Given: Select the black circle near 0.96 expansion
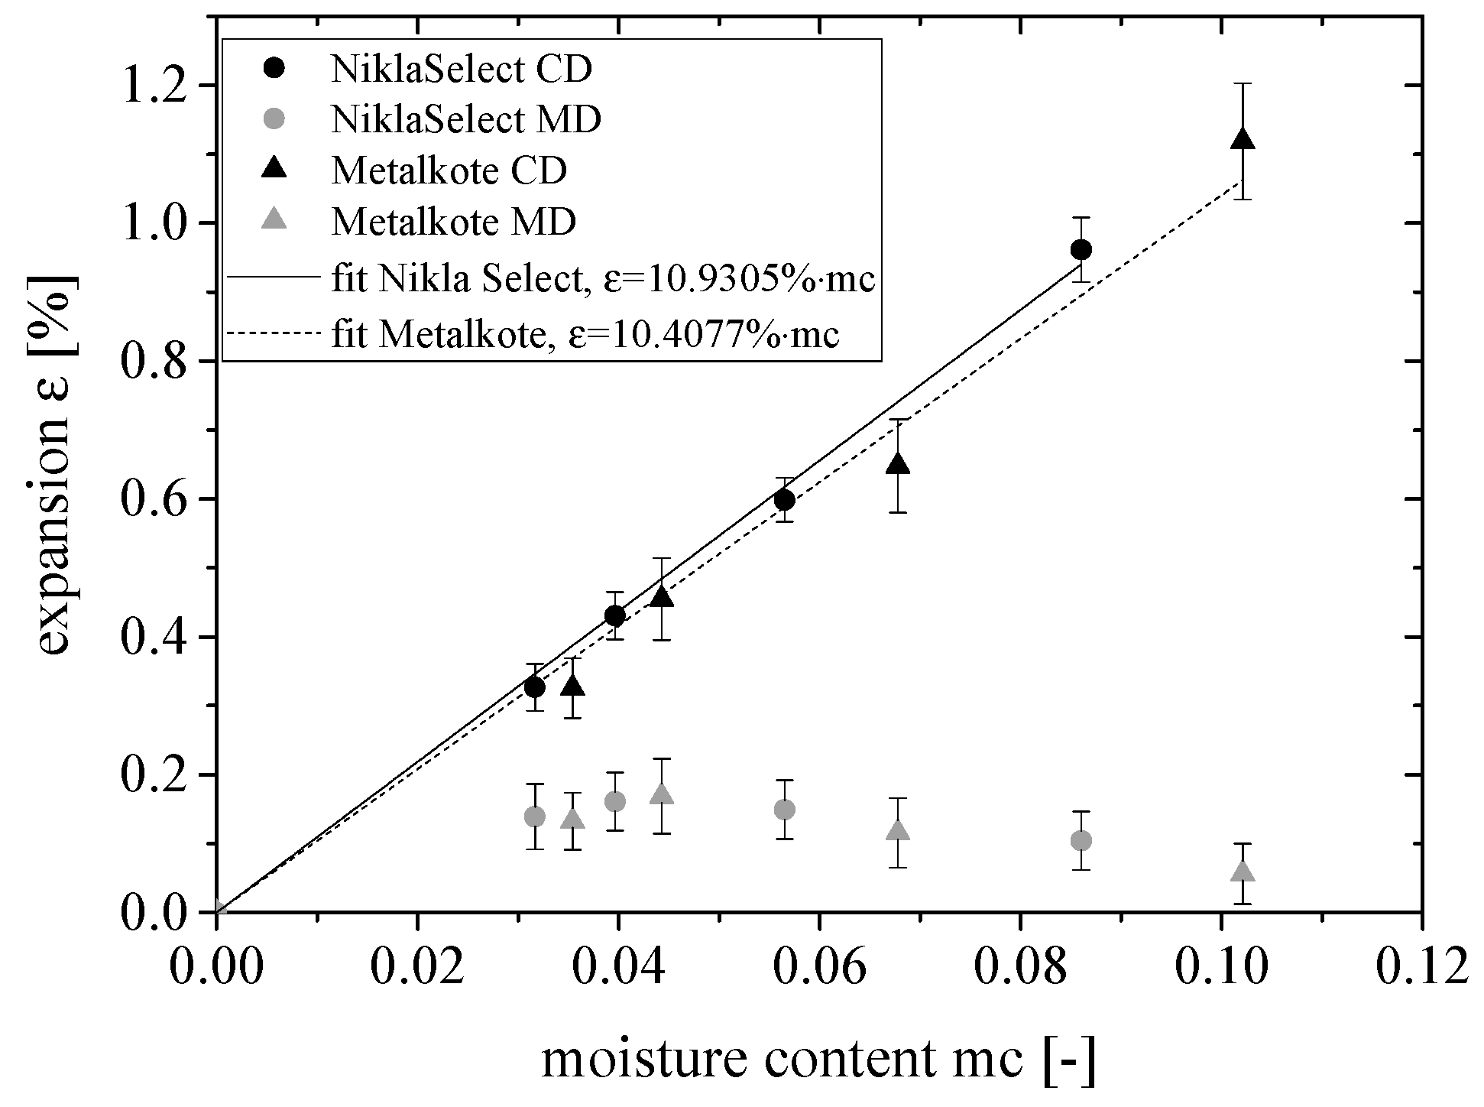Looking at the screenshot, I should [1081, 250].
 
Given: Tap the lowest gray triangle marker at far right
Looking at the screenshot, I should [1243, 872].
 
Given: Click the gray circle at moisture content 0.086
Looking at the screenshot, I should [1081, 841].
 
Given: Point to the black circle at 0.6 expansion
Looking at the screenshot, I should [784, 500].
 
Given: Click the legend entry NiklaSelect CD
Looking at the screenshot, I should [461, 70].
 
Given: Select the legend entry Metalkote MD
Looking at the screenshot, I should [453, 222].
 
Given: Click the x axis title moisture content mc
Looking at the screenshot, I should [818, 1059].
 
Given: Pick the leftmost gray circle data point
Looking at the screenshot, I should [535, 816].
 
